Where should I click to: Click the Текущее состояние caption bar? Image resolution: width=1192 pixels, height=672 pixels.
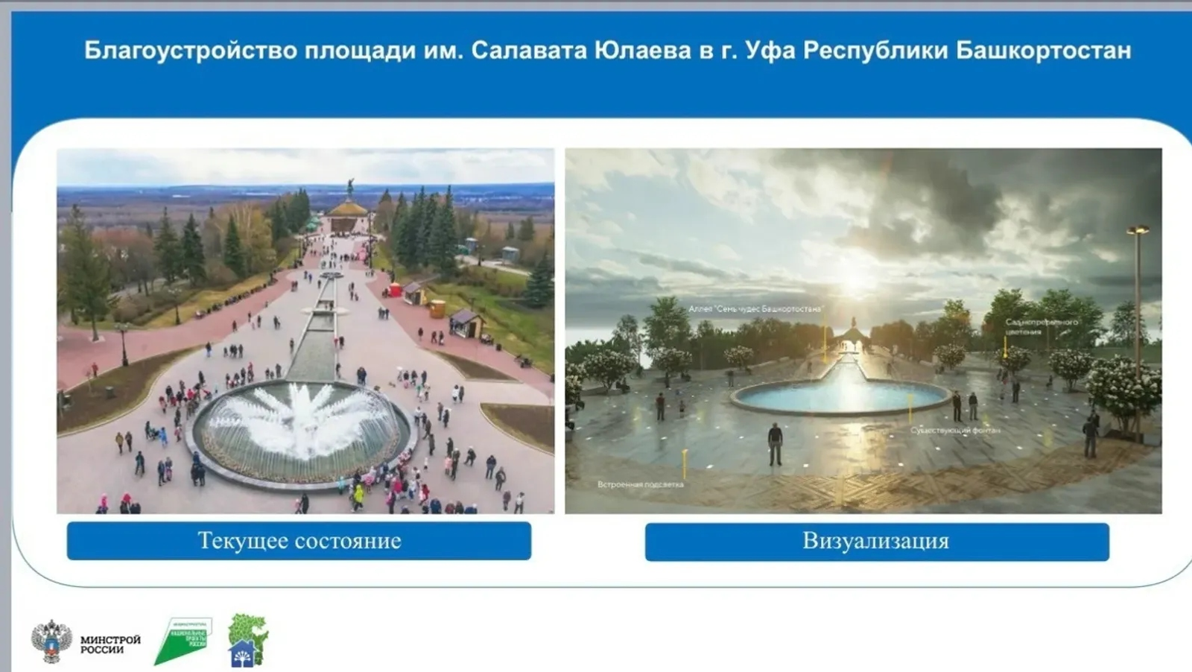pyautogui.click(x=299, y=541)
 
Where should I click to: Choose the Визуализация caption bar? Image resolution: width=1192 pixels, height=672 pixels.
pyautogui.click(x=876, y=541)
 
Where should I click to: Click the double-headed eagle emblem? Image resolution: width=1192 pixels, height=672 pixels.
pyautogui.click(x=51, y=641)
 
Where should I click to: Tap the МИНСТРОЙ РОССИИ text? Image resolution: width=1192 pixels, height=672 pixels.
pyautogui.click(x=110, y=644)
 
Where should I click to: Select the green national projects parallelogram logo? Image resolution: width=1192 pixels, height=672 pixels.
pyautogui.click(x=183, y=640)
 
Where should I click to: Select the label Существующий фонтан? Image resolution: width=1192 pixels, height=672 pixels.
pyautogui.click(x=955, y=431)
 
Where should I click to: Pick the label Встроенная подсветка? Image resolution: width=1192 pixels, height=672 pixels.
pyautogui.click(x=640, y=484)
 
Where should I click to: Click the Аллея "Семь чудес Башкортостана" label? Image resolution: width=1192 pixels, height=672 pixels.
pyautogui.click(x=755, y=308)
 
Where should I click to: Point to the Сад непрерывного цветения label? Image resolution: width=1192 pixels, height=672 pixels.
pyautogui.click(x=1042, y=327)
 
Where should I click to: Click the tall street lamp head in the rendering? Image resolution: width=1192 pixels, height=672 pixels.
pyautogui.click(x=1138, y=231)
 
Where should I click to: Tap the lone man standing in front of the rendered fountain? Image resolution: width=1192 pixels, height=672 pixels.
pyautogui.click(x=775, y=443)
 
